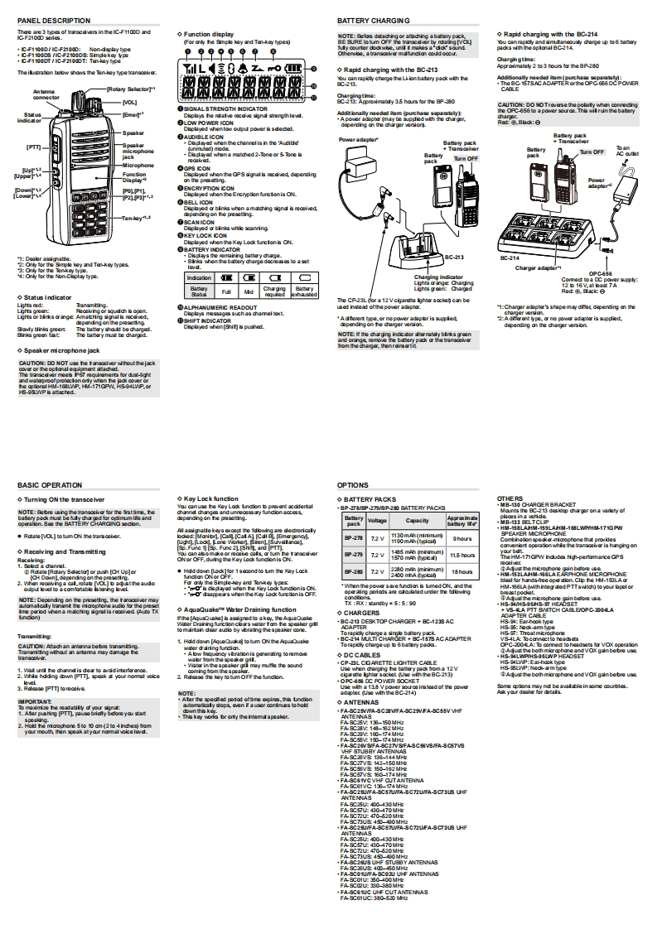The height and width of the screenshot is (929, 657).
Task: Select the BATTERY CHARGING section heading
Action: pyautogui.click(x=374, y=20)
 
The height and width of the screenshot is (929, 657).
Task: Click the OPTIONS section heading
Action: pyautogui.click(x=353, y=484)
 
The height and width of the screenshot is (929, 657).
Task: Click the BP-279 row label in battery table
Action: pyautogui.click(x=354, y=554)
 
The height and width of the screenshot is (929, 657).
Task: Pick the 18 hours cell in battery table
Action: pyautogui.click(x=462, y=571)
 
